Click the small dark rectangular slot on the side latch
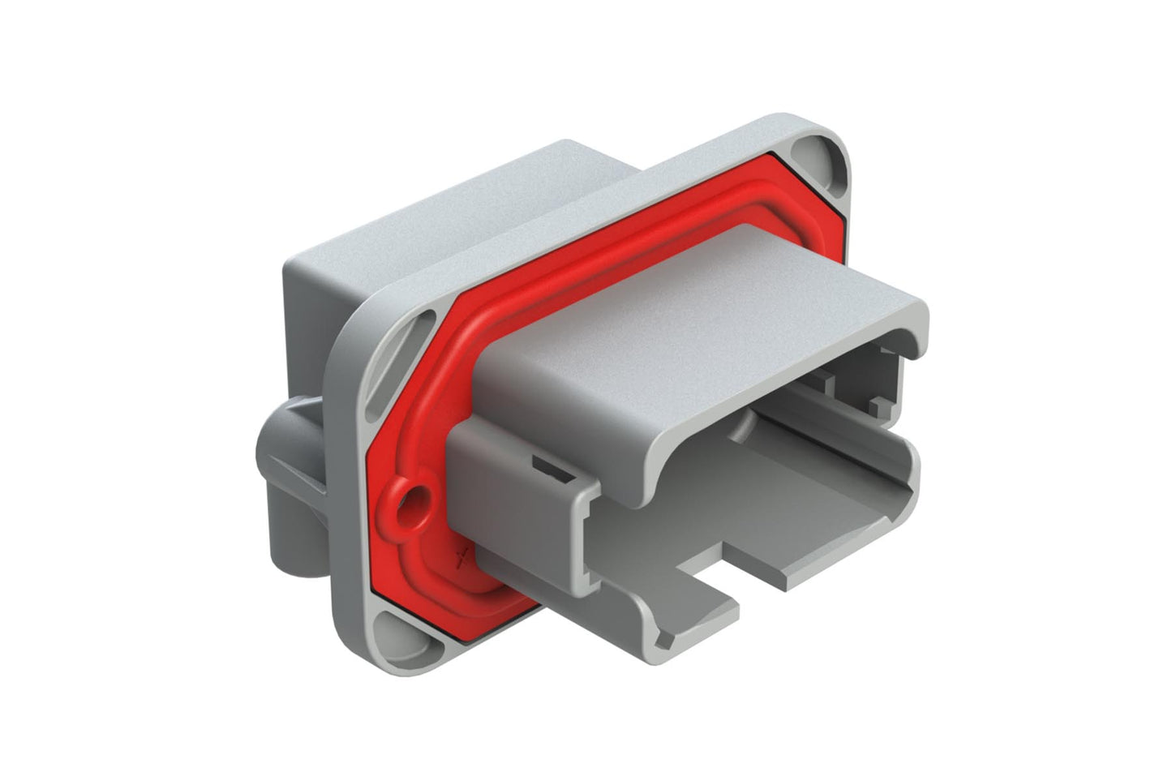(548, 468)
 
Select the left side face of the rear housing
(304, 324)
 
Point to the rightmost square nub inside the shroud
(878, 402)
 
